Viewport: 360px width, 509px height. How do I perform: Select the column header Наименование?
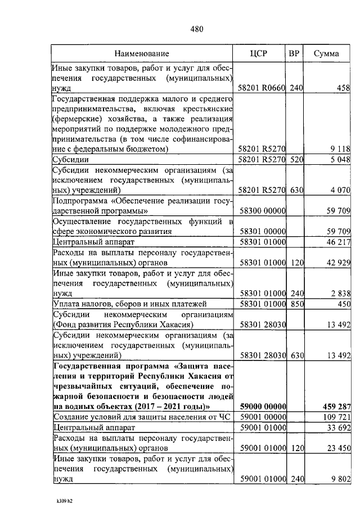pyautogui.click(x=142, y=54)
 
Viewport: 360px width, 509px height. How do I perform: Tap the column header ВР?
pyautogui.click(x=294, y=54)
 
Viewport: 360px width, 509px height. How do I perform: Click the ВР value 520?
pyautogui.click(x=296, y=160)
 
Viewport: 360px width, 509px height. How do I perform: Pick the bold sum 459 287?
pyautogui.click(x=335, y=406)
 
